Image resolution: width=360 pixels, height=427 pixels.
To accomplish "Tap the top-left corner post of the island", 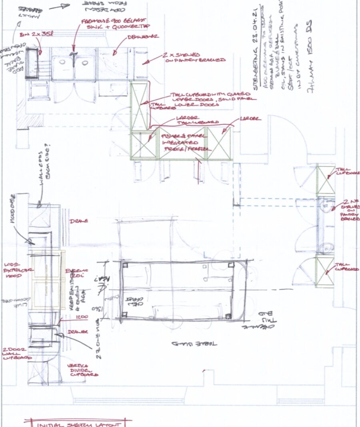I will pyautogui.click(x=125, y=265).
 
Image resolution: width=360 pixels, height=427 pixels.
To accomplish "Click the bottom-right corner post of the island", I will pyautogui.click(x=228, y=316).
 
